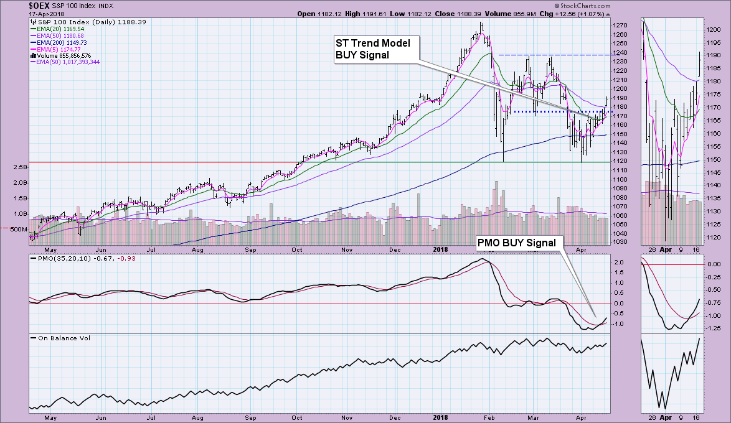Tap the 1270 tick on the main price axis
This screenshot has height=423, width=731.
(620, 25)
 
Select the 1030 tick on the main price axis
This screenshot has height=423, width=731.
(620, 241)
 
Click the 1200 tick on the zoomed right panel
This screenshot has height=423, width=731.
(714, 29)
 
